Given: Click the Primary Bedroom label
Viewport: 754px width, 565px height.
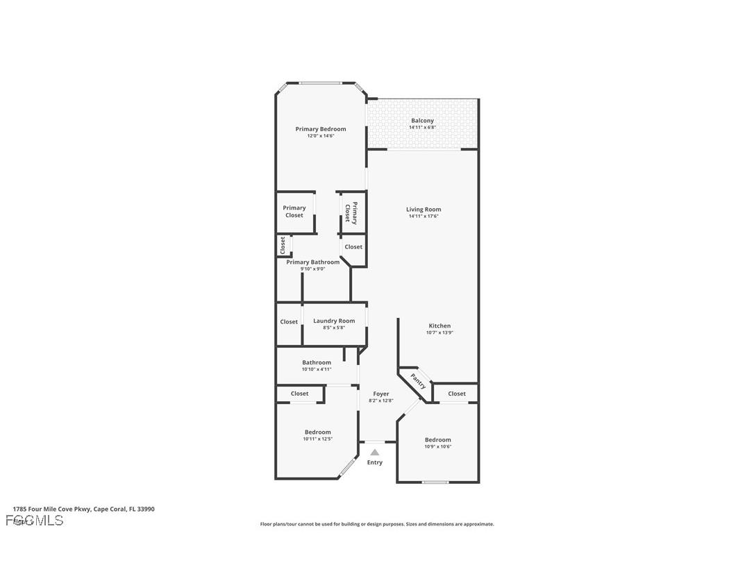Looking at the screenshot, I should [320, 129].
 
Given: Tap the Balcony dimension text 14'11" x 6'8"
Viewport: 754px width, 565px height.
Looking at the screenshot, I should [422, 128].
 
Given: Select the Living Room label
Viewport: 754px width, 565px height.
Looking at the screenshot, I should [424, 210].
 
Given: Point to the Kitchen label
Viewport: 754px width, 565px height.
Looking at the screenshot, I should [439, 326].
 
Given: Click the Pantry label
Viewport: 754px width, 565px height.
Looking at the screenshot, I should [418, 381].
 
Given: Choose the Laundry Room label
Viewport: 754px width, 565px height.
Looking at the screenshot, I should [334, 321].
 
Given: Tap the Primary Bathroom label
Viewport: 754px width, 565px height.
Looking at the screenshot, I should [313, 262].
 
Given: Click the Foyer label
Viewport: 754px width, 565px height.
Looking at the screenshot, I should [381, 394].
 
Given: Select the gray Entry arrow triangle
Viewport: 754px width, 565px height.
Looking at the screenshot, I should [375, 453].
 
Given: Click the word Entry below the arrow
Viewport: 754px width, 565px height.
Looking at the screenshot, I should [375, 462].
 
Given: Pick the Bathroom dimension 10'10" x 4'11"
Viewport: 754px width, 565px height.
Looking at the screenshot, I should [317, 369].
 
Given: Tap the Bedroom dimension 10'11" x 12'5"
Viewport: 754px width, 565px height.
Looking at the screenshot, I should [318, 439].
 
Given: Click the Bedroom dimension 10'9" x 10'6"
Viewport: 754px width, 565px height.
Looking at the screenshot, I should [438, 446].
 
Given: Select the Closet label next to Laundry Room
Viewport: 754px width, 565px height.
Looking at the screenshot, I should [289, 321].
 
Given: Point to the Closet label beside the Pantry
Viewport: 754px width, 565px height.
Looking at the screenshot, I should [457, 394].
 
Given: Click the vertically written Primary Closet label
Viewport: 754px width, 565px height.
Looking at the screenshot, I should [351, 213].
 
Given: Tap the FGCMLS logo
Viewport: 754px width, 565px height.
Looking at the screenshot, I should [35, 520].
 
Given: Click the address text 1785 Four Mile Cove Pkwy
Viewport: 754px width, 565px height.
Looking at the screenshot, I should [83, 509].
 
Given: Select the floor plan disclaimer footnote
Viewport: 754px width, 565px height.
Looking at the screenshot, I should [377, 524].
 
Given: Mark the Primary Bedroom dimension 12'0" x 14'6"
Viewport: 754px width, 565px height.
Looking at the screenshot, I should [321, 136].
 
